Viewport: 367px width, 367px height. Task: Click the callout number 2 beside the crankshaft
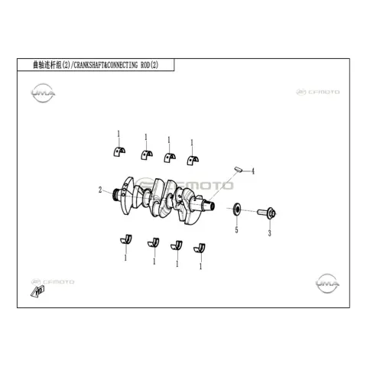100,190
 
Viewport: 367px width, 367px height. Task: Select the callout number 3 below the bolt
270,233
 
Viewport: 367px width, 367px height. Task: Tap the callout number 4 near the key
253,171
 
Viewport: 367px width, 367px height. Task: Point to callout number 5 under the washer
236,230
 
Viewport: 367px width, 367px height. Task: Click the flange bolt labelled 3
267,213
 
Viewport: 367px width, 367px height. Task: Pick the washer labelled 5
237,209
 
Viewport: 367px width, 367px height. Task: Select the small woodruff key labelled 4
238,169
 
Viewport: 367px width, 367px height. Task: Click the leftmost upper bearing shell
119,151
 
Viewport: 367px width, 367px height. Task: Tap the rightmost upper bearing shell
193,160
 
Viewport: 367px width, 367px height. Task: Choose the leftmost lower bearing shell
126,240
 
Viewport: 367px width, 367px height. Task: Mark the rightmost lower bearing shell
200,248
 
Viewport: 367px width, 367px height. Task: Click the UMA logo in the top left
43,93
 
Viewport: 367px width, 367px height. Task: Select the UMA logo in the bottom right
327,284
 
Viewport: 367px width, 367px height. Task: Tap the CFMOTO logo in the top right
318,92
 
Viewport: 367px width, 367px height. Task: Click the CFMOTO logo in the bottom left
53,282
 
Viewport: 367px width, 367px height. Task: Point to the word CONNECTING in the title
122,65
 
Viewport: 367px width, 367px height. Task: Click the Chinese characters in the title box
47,65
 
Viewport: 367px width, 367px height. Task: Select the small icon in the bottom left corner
37,291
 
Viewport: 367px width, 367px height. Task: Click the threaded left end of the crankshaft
116,195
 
